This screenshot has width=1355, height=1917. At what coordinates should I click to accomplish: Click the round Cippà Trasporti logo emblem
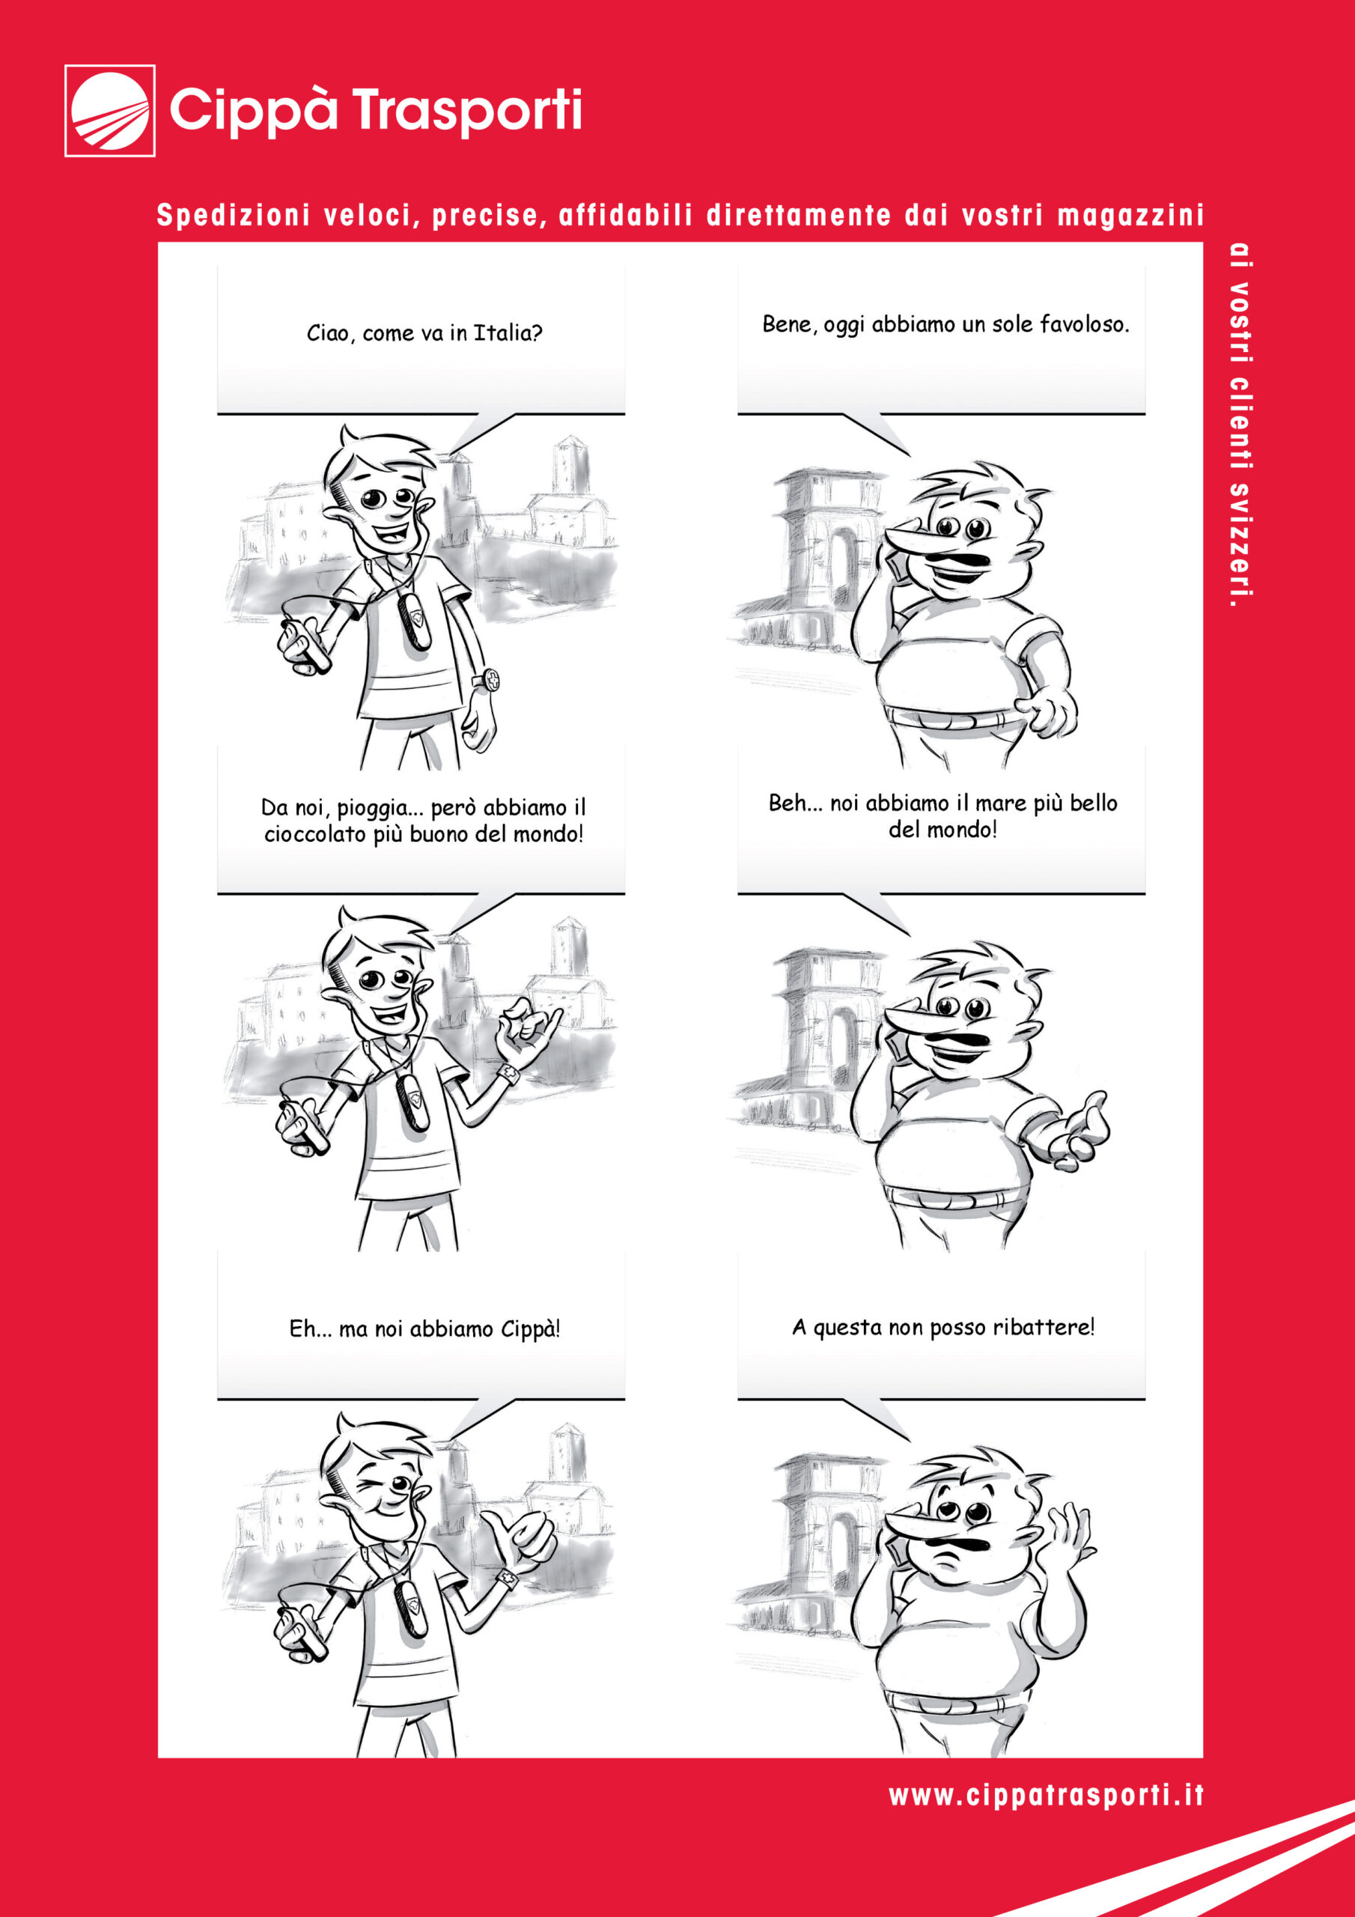109,110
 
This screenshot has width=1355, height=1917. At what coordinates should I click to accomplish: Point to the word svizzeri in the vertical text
1241,541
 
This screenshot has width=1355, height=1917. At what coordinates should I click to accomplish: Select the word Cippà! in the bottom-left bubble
531,1329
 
